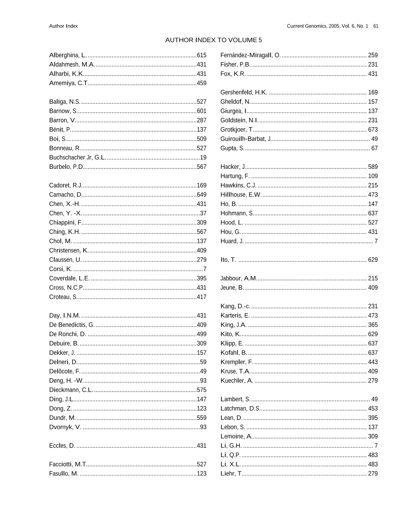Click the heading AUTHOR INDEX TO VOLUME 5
tap(214, 40)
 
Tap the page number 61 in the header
tap(375, 26)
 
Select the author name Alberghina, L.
tap(68, 55)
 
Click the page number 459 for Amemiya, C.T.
tap(201, 83)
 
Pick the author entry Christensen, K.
tap(69, 250)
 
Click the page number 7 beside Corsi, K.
tap(204, 269)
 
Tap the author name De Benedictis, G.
tap(72, 325)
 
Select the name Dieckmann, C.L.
tap(71, 390)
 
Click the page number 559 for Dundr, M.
tap(201, 418)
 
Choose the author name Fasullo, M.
tap(64, 473)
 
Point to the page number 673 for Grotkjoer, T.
tap(373, 129)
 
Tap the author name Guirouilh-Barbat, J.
tap(246, 139)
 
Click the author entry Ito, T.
tap(228, 259)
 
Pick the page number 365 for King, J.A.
tap(373, 325)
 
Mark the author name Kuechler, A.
tap(237, 381)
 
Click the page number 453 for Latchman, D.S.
tap(373, 408)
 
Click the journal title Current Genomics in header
tap(306, 26)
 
